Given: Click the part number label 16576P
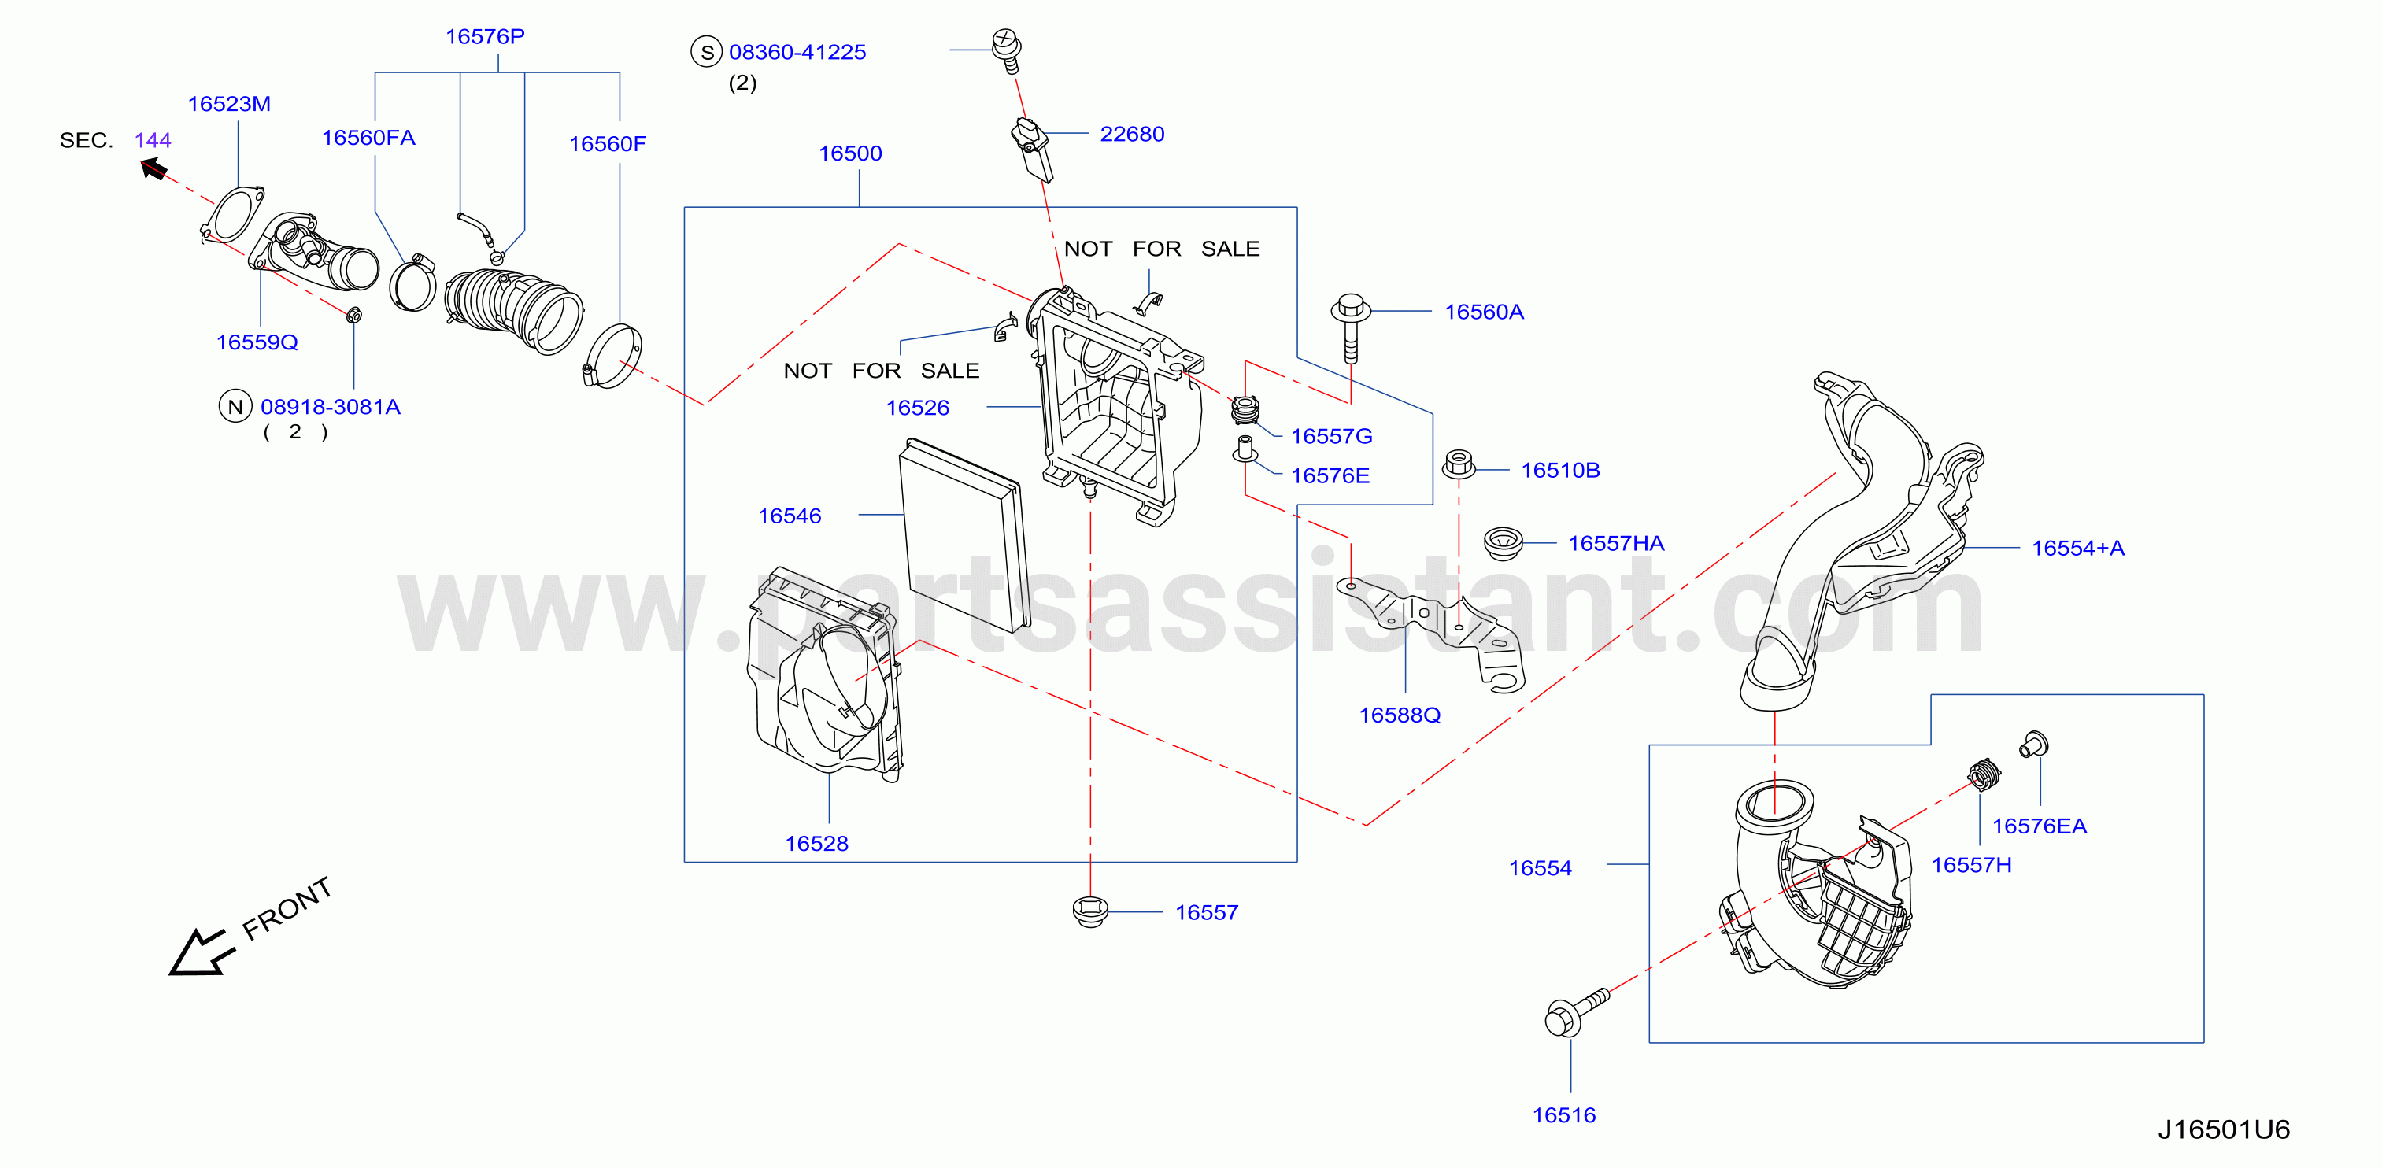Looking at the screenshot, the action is coord(485,36).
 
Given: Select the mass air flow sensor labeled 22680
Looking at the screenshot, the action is coord(1032,150).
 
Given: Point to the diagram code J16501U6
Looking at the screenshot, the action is coord(2223,1129).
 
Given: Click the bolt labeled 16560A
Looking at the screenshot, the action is coord(1351,328).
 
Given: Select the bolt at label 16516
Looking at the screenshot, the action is coord(1576,1011).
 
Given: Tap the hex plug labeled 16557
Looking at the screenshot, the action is coord(1090,911).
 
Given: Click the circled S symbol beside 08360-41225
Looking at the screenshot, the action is coord(706,52).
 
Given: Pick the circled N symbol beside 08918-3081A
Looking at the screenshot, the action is coord(235,406).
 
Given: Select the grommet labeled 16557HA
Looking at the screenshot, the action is coord(1502,543).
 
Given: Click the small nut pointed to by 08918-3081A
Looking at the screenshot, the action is coord(353,316).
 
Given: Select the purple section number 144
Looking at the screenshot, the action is coord(153,141).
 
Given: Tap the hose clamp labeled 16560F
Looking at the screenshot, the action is coord(612,356).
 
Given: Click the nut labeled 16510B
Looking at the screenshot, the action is coord(1458,464).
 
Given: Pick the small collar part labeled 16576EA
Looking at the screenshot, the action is coord(2034,744).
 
